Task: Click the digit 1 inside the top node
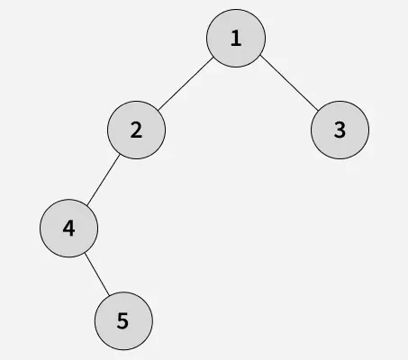coord(236,38)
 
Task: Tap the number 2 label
coord(136,130)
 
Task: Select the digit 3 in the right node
coord(340,130)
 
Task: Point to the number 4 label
coord(68,229)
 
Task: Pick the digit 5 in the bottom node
coord(122,321)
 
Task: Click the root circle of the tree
coord(236,38)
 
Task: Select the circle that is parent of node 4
coord(136,130)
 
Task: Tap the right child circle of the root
coord(340,130)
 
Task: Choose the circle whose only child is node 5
coord(68,229)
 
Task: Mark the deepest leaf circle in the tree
coord(123,321)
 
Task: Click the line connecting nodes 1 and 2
coord(186,84)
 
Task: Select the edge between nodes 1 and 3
coord(289,83)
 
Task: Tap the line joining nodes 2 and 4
coord(104,180)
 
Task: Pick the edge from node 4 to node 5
coord(97,274)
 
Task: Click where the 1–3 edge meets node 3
coord(318,111)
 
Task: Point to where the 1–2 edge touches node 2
coord(159,110)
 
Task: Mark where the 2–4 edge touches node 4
coord(86,206)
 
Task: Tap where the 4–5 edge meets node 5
coord(109,295)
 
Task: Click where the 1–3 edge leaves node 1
coord(260,55)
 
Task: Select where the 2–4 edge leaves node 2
coord(120,155)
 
